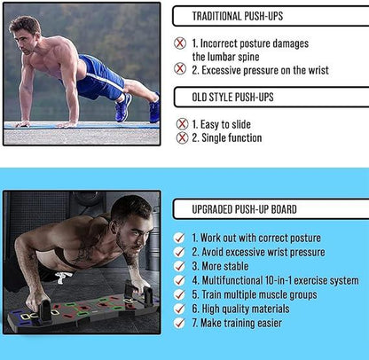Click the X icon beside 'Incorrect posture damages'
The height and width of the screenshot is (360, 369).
[x=181, y=43]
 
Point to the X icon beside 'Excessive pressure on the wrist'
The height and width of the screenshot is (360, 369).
[x=181, y=68]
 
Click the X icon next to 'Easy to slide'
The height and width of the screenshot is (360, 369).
[x=182, y=124]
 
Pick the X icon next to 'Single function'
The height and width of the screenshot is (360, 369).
[x=182, y=137]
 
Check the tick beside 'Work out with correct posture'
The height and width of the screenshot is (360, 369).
[x=181, y=238]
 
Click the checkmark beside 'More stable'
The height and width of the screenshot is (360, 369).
[x=181, y=266]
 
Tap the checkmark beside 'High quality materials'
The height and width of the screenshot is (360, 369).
[x=181, y=309]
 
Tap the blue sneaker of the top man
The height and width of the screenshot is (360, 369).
[x=123, y=108]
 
